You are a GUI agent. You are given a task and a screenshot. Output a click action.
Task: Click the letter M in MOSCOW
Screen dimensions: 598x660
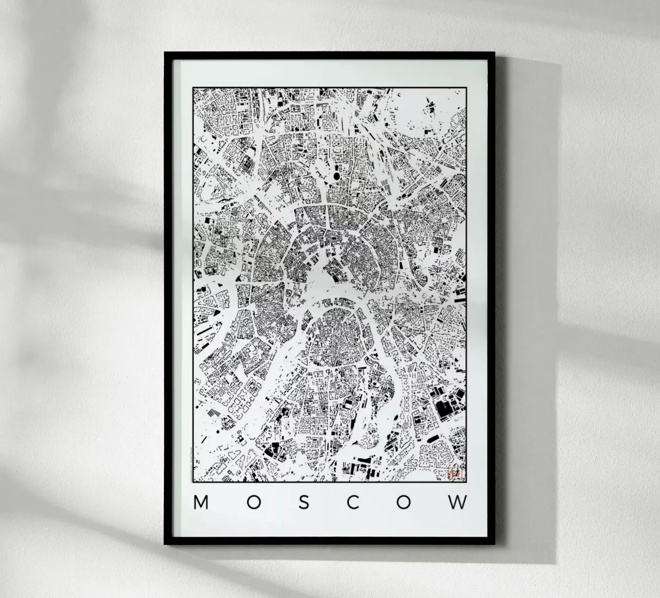tap(201, 503)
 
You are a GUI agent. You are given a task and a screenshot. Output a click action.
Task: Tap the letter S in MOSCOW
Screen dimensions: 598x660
tap(304, 503)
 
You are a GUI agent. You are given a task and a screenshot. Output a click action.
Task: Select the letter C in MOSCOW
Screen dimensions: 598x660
tap(353, 503)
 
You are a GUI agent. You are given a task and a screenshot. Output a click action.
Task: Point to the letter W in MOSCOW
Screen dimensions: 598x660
tap(457, 503)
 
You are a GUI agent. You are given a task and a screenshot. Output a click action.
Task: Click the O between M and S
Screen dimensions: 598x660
tap(253, 503)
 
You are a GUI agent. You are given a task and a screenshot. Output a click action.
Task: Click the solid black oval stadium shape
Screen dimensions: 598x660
tap(337, 177)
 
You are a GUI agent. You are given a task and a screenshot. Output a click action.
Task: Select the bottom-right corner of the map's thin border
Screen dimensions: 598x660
tap(467, 482)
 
